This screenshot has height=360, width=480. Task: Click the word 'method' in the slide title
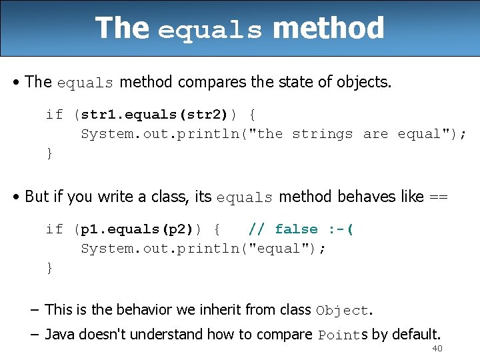click(x=328, y=29)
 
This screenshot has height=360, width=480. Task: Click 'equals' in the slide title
click(x=210, y=31)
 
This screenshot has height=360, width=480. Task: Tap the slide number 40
click(x=437, y=349)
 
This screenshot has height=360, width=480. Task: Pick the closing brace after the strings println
click(x=49, y=153)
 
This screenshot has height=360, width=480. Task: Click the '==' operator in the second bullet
click(x=438, y=197)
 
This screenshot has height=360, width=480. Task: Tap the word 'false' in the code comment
click(x=296, y=229)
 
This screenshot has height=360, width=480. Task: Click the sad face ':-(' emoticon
click(x=341, y=229)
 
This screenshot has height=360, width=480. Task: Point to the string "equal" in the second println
click(x=281, y=249)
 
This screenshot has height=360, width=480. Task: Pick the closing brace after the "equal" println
click(x=49, y=268)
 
